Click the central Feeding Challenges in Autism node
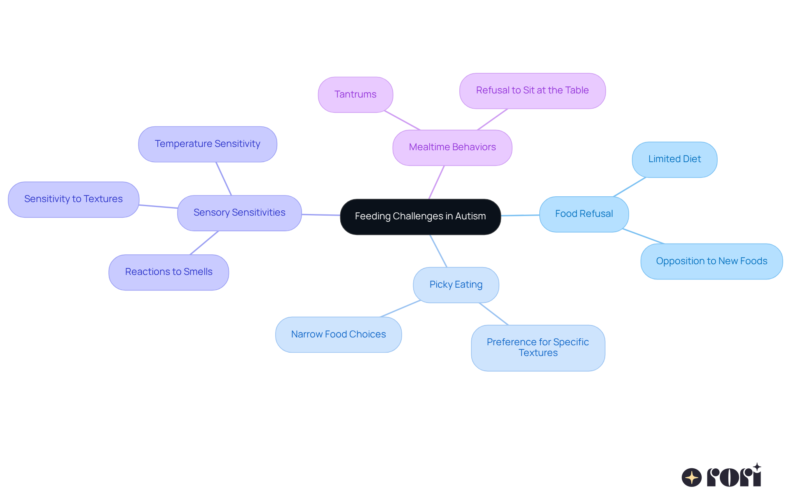(x=420, y=217)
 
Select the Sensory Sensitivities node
(x=239, y=213)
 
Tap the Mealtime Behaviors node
(x=452, y=147)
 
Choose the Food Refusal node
(x=584, y=214)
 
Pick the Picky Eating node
(x=456, y=285)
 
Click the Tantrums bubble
(x=355, y=95)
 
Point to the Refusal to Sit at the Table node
(x=532, y=91)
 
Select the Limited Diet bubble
(x=674, y=159)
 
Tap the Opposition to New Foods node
(x=711, y=261)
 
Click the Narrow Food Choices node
(x=338, y=335)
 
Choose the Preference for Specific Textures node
(x=538, y=348)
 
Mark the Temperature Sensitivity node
(x=207, y=144)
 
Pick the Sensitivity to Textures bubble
(x=73, y=199)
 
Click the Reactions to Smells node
(x=168, y=272)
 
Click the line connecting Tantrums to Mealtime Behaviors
(x=402, y=121)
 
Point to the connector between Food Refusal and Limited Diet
(x=630, y=187)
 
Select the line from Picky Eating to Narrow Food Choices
(x=400, y=309)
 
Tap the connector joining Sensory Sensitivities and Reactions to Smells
(x=204, y=243)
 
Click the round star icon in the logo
(x=691, y=477)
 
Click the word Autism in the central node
(x=470, y=216)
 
